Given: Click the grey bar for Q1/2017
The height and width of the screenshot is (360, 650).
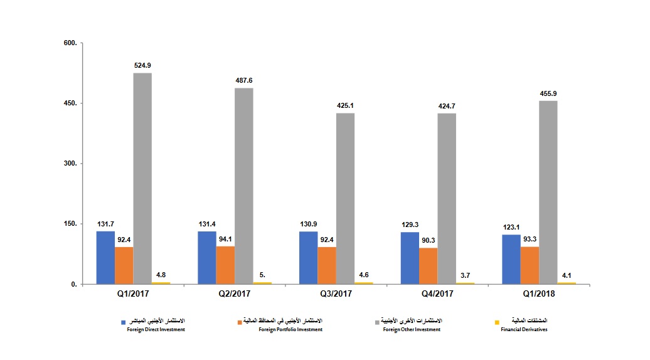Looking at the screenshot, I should click(142, 179).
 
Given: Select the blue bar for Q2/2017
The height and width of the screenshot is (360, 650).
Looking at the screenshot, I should click(207, 258).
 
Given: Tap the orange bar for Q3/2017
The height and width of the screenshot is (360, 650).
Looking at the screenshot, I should click(327, 265).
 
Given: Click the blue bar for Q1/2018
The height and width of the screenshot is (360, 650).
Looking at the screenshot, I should click(511, 259).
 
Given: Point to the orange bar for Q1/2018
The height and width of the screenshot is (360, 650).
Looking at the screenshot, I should click(530, 265).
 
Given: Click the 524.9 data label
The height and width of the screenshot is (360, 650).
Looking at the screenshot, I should click(142, 65).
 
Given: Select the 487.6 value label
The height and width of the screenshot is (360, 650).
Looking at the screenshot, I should click(244, 80).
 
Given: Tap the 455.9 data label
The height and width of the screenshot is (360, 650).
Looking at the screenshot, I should click(548, 93).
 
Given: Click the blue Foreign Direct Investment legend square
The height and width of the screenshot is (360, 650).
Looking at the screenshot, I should click(124, 322).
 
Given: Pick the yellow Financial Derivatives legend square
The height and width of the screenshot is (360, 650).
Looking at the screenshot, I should click(497, 322).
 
